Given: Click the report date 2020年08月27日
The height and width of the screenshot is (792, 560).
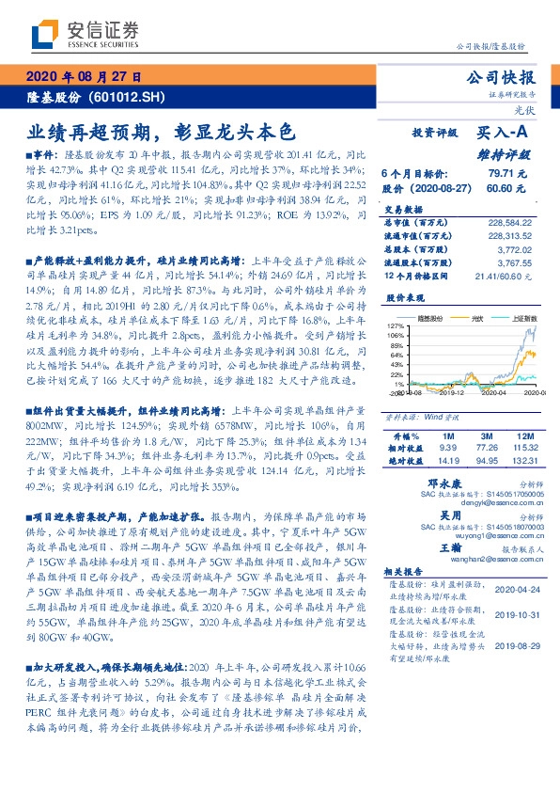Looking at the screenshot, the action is [85, 77].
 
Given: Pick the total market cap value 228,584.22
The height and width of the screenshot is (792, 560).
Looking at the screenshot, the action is [514, 222].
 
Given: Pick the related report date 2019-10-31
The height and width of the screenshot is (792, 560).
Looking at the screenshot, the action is [512, 610].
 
